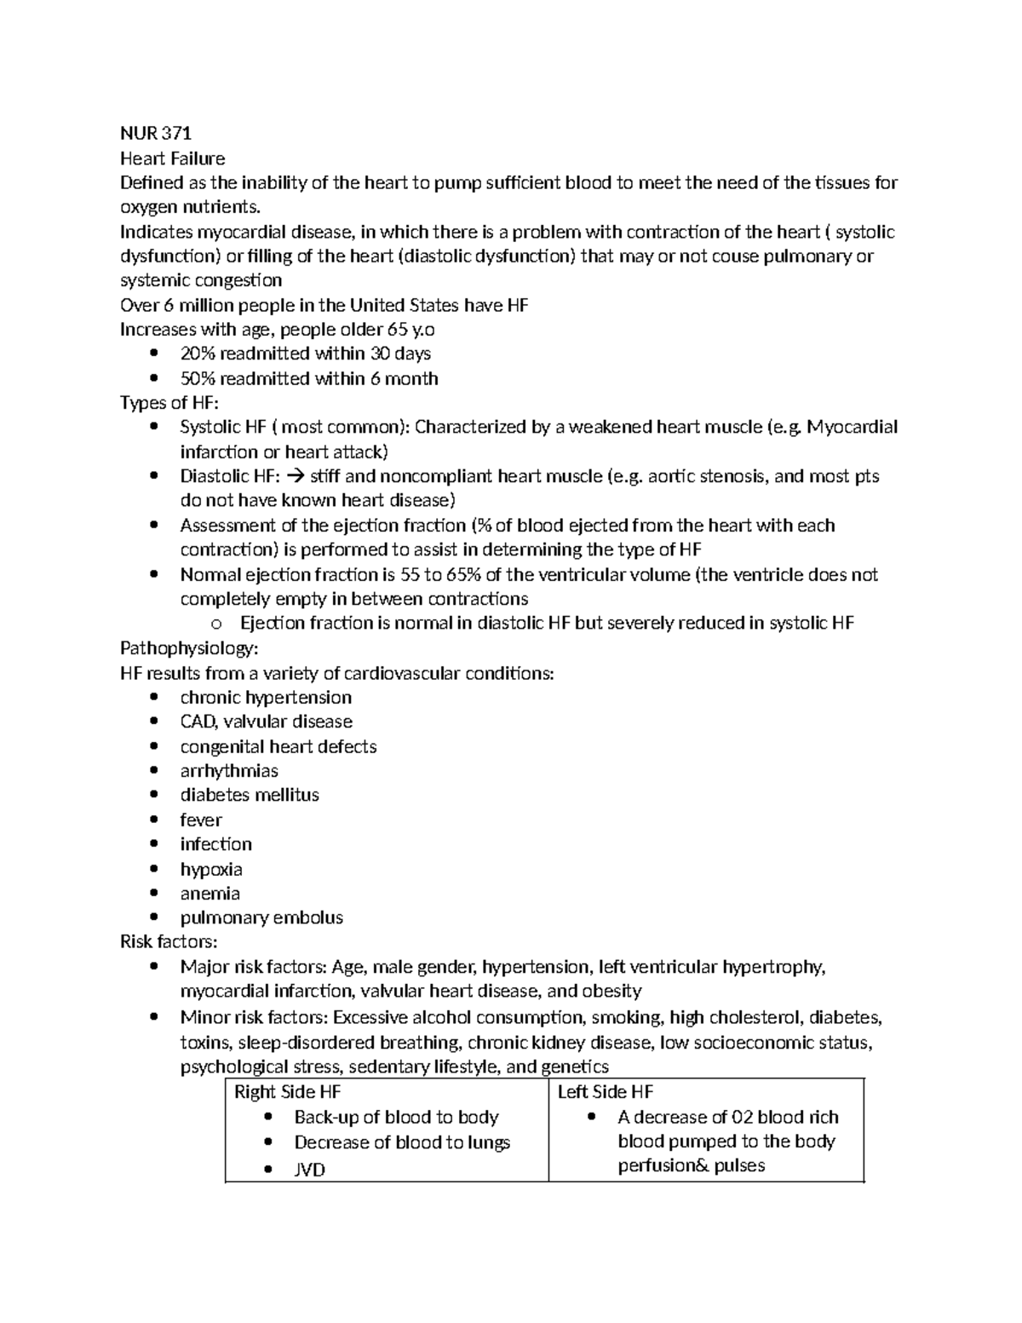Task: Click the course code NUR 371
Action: pos(156,134)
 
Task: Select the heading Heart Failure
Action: pos(173,158)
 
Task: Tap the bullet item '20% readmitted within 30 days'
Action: pos(305,354)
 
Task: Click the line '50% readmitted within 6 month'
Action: pos(308,378)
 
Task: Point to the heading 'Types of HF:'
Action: pos(169,403)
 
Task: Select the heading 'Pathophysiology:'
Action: pos(189,648)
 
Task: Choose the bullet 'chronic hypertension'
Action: pos(266,698)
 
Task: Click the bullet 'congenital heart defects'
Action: pos(278,747)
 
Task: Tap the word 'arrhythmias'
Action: pos(229,771)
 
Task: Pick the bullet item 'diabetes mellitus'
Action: pos(250,796)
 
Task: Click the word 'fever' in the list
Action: pos(201,820)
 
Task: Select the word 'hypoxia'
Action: pos(211,870)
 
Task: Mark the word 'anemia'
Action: pos(210,894)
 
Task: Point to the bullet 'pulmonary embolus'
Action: pos(261,918)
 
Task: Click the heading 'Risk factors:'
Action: pos(169,942)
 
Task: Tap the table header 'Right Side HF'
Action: pos(287,1093)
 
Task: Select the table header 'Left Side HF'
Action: pos(606,1093)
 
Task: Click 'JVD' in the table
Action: pos(310,1171)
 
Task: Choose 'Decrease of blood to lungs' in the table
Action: pos(402,1143)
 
